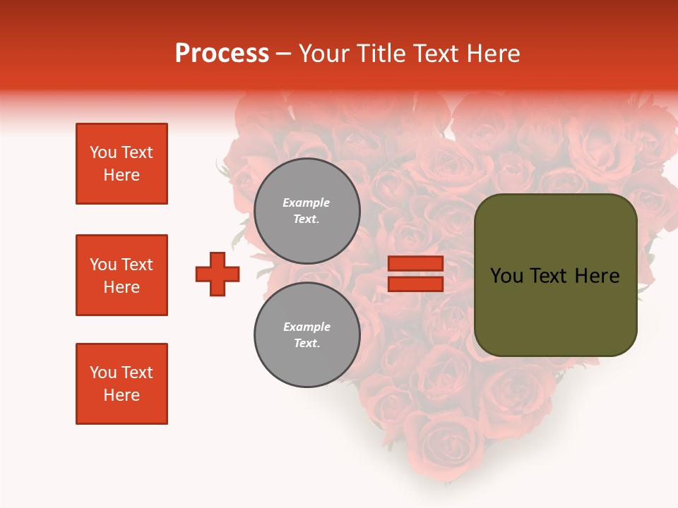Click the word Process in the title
222,54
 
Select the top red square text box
121,164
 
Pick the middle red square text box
121,275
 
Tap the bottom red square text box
121,384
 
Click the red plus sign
218,274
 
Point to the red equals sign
415,274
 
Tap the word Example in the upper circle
307,202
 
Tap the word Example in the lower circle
307,327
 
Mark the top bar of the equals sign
415,264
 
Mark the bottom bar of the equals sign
415,284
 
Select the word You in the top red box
103,152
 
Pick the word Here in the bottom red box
121,395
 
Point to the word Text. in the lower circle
307,344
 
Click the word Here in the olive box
597,276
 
